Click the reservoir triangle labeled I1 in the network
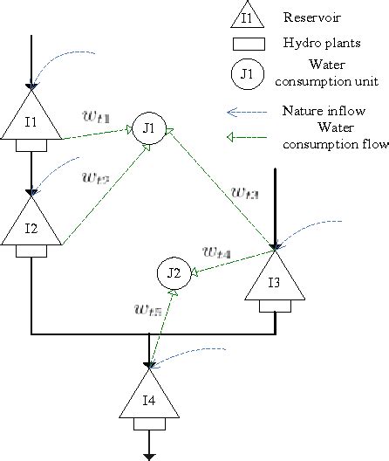pos(31,120)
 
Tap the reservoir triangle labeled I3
pos(275,281)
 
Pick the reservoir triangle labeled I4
pos(152,402)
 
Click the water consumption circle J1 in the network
pos(148,127)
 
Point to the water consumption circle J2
pos(174,273)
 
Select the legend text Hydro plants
pos(315,42)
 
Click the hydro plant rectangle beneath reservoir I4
pos(152,424)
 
